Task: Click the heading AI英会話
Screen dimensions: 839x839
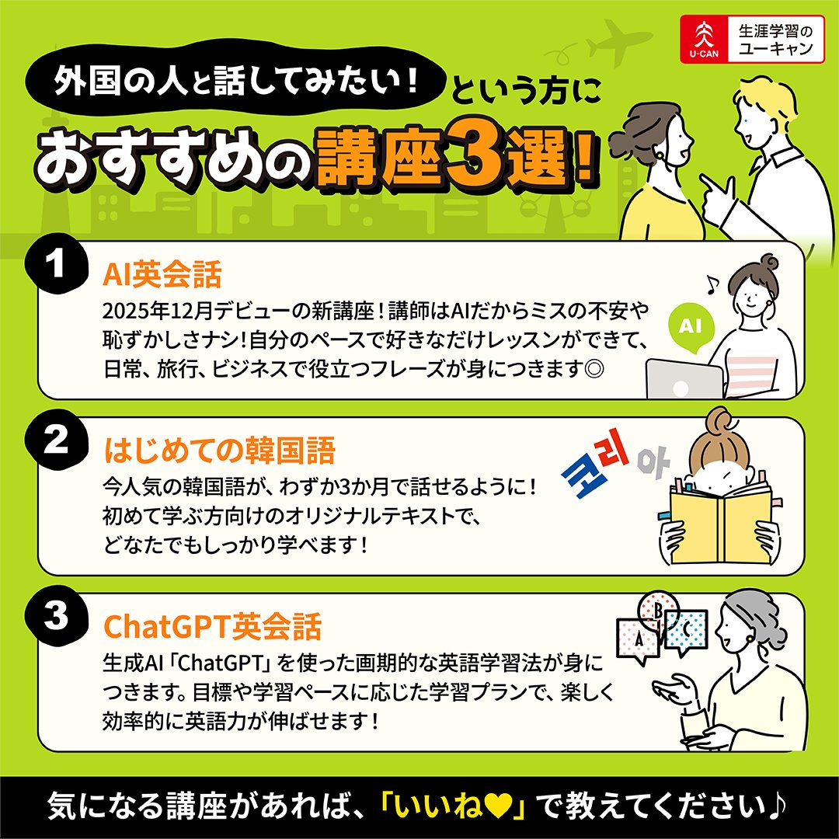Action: click(162, 274)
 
